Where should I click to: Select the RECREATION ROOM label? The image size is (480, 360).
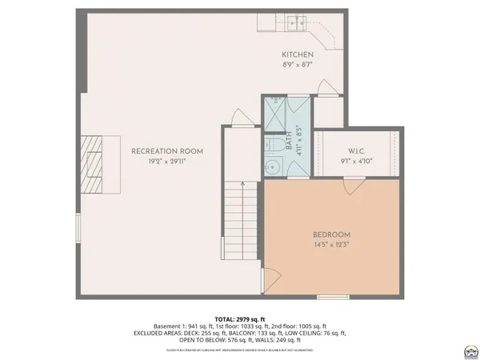pyautogui.click(x=167, y=150)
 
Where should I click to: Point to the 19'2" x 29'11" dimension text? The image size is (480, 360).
pyautogui.click(x=167, y=161)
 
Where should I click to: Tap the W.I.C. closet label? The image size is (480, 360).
pyautogui.click(x=357, y=150)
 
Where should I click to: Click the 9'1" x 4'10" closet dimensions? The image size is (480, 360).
pyautogui.click(x=357, y=161)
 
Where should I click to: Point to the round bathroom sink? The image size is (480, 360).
pyautogui.click(x=272, y=167)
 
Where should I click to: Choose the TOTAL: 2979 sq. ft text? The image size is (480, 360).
pyautogui.click(x=240, y=318)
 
